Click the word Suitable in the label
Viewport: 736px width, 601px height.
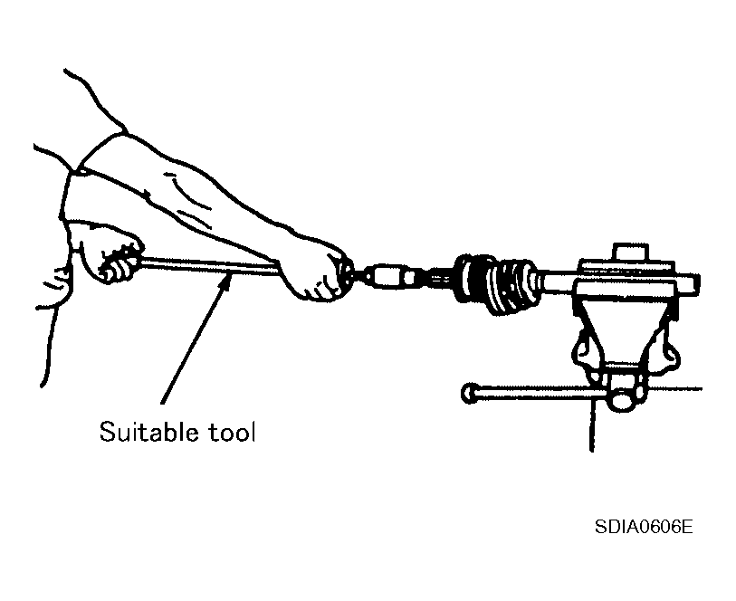tap(148, 431)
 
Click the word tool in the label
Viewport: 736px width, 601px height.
tap(232, 432)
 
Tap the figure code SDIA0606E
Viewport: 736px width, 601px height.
tap(644, 527)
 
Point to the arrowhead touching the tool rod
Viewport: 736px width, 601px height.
tap(225, 283)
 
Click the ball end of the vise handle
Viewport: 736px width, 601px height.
tap(469, 393)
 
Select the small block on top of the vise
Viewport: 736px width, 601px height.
tap(630, 253)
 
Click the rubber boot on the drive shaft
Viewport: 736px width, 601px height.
tap(498, 284)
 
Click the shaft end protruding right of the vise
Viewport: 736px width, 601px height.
tap(688, 284)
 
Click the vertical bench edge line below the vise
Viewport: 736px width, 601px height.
tap(593, 425)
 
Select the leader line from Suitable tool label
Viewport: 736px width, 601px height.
tap(194, 341)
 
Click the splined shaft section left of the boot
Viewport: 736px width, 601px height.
tap(435, 278)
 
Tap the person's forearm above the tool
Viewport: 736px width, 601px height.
tap(206, 197)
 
